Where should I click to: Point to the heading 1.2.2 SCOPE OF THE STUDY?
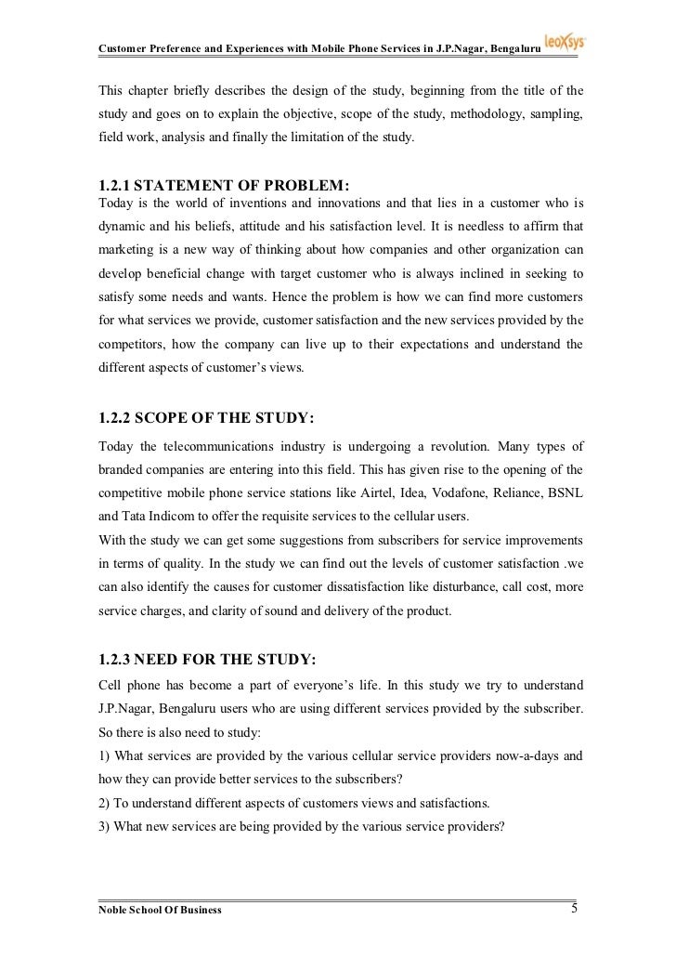[207, 418]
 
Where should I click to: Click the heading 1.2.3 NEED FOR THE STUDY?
[207, 661]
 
